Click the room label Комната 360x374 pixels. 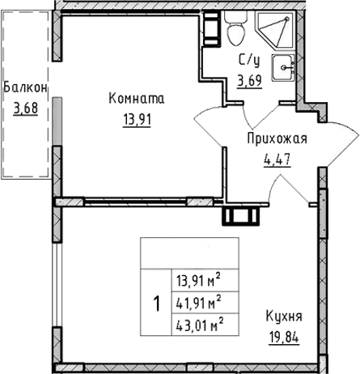coord(137,98)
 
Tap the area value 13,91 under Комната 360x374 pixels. coord(137,120)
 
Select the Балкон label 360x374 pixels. coord(25,87)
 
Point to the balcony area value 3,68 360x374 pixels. coord(25,108)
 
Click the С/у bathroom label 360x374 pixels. coord(249,60)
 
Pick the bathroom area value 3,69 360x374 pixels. coord(249,80)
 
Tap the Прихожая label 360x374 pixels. coord(277,139)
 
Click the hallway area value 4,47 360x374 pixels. coord(277,160)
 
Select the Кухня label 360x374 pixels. coord(284,316)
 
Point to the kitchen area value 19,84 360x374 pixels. coord(284,337)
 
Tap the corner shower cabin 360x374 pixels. coord(275,30)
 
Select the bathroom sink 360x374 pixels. coord(283,67)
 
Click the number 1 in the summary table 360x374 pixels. coord(156,304)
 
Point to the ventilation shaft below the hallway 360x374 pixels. coord(240,216)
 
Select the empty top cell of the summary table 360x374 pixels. coord(189,253)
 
